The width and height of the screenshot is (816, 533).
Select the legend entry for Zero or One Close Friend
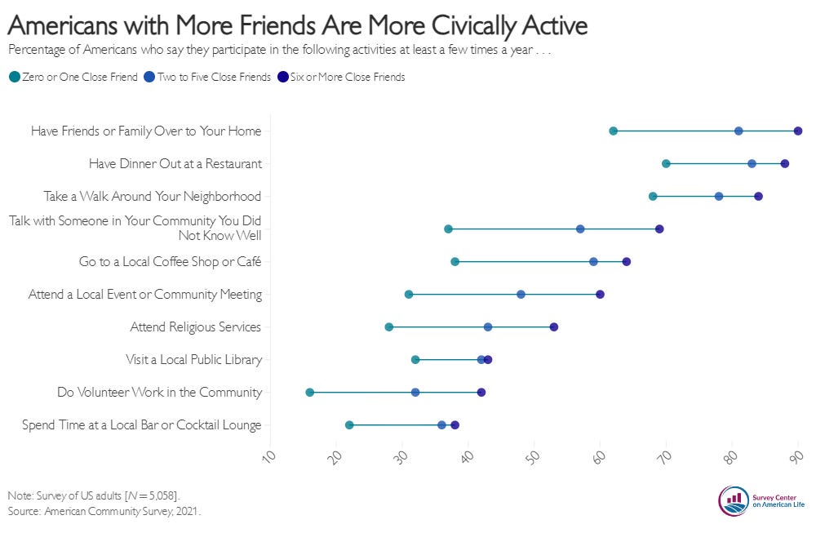click(73, 78)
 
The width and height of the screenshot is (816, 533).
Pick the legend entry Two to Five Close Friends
click(208, 78)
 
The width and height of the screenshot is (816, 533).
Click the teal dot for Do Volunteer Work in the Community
click(310, 393)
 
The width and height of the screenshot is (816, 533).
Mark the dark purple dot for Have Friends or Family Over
click(798, 131)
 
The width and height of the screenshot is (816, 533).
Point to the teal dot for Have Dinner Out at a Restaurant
click(666, 164)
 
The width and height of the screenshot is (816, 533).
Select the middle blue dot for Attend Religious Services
click(488, 327)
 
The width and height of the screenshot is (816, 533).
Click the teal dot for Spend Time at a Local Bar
click(349, 425)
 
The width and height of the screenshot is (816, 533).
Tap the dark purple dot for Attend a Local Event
click(600, 295)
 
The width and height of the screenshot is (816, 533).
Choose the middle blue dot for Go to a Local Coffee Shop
click(593, 262)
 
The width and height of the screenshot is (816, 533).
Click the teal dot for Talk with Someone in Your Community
click(448, 229)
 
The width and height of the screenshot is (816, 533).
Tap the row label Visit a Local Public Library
click(193, 360)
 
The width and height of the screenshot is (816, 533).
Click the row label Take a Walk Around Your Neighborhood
click(153, 197)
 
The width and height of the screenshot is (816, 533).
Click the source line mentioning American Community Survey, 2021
click(104, 512)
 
